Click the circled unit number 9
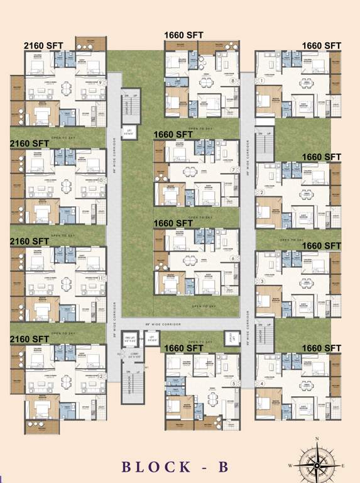pos(101,82)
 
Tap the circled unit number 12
pos(101,376)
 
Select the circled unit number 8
pos(232,81)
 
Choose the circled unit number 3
pos(261,280)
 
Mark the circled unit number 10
pos(101,180)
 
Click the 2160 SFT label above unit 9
pos(43,46)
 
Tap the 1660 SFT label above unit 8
pos(183,35)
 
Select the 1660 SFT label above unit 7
pos(173,134)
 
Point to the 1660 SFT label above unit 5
pos(183,348)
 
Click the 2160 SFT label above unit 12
pos(30,339)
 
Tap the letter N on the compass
pos(318,438)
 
